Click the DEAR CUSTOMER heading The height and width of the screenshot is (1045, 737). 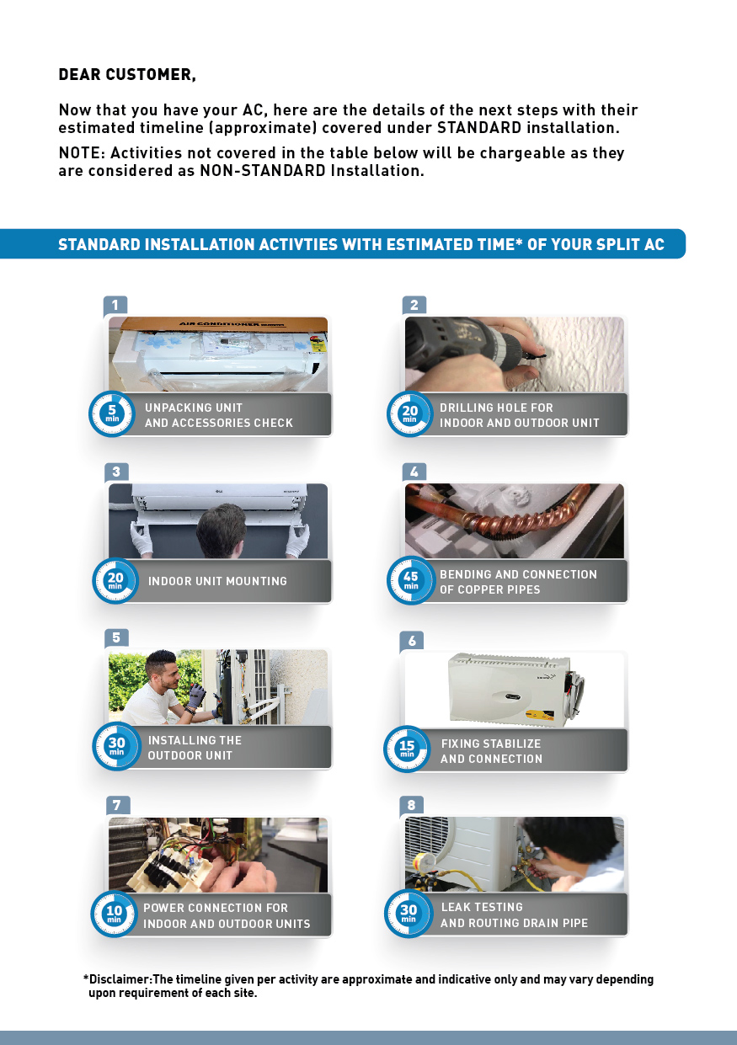127,75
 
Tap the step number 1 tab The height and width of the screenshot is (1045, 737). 115,306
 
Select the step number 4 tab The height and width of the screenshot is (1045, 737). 414,472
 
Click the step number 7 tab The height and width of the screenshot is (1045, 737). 117,805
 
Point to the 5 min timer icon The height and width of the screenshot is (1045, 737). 112,413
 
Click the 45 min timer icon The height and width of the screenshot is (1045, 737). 410,580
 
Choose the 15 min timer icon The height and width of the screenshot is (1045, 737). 407,749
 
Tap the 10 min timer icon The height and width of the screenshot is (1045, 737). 114,914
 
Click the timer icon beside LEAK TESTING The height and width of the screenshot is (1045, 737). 409,914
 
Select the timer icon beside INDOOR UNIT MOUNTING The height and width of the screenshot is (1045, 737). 115,581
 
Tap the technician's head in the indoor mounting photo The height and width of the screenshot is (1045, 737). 222,529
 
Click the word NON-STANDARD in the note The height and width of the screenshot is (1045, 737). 263,171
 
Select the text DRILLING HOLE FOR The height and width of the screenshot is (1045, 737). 496,408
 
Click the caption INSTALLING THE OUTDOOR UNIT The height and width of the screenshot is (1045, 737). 195,748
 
